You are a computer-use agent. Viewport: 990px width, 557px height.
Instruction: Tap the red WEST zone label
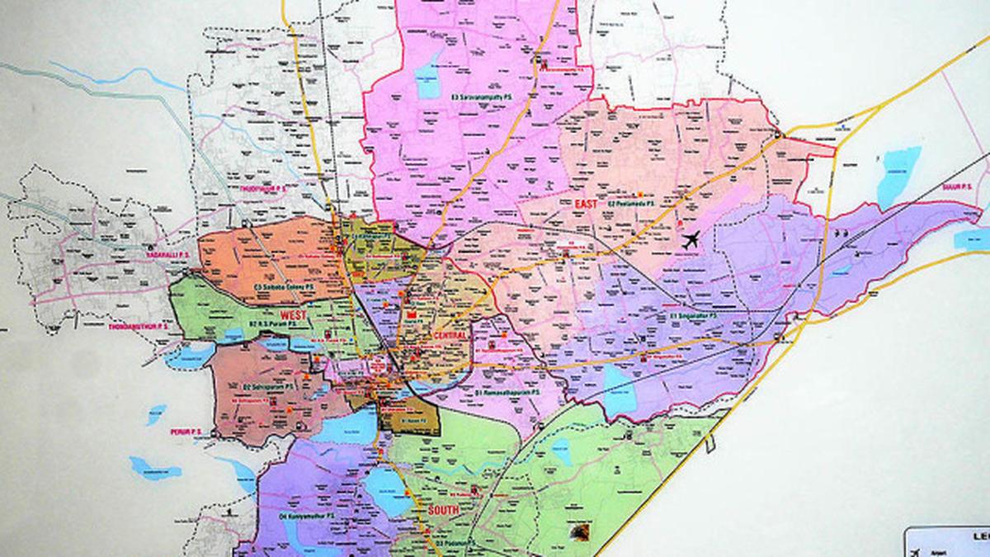(294, 315)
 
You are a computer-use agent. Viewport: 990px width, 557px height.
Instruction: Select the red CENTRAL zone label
(449, 337)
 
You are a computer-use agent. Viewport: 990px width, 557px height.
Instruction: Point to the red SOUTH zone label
(444, 511)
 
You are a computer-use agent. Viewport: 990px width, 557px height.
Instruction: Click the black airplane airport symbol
(691, 240)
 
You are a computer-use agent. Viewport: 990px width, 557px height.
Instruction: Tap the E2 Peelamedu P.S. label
(631, 202)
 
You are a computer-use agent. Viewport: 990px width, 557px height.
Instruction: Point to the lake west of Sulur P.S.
(897, 176)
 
